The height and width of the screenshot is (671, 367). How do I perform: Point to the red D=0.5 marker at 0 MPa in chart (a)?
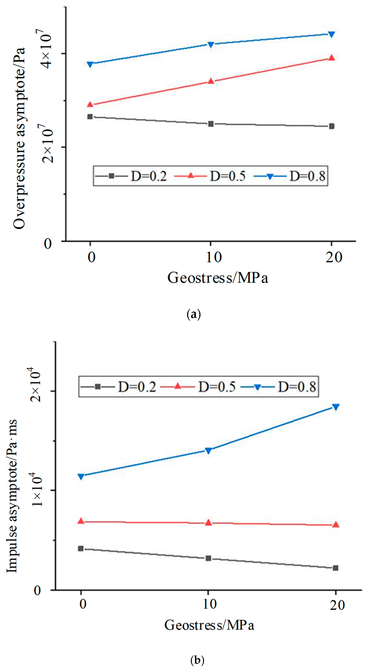pos(90,104)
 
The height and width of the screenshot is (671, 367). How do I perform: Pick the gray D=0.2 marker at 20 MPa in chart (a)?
pos(331,126)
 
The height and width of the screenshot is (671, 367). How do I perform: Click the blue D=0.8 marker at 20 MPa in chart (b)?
pos(335,407)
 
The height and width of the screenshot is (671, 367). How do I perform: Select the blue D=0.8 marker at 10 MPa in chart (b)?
pos(208,451)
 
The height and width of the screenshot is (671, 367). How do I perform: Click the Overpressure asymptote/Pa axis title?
pos(19,138)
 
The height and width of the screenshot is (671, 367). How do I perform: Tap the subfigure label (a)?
pos(194,315)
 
